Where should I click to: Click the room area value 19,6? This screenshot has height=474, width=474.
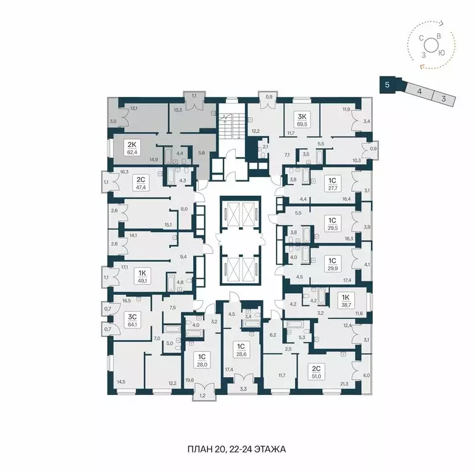click(189, 380)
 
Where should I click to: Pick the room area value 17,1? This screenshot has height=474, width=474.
click(125, 267)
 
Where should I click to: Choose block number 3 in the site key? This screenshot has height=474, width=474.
click(443, 98)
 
